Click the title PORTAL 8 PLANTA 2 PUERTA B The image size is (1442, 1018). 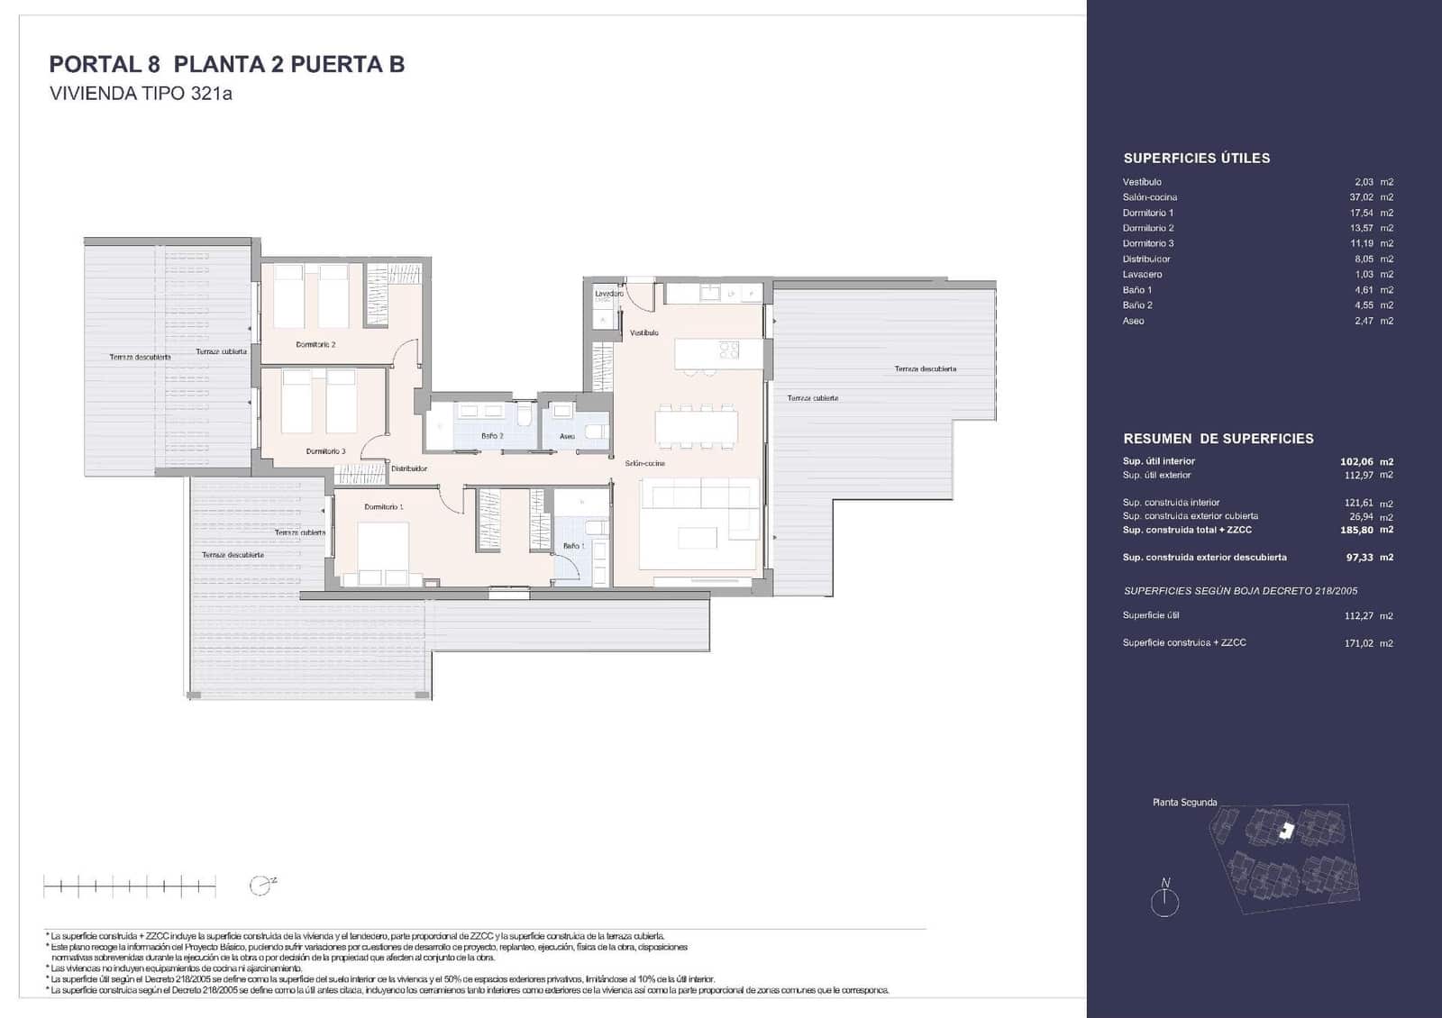(x=226, y=64)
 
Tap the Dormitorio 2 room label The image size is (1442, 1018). (x=315, y=344)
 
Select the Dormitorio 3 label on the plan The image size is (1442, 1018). (x=325, y=451)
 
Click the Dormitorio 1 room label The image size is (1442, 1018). (x=384, y=507)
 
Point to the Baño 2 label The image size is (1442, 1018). (x=492, y=436)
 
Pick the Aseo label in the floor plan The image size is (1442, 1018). (x=567, y=436)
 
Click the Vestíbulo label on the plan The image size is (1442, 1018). (x=643, y=332)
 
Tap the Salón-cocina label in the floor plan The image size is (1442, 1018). (x=645, y=463)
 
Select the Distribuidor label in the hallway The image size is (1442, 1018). (x=408, y=468)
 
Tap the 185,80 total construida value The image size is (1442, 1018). (x=1356, y=531)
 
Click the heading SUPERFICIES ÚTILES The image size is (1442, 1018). (x=1196, y=159)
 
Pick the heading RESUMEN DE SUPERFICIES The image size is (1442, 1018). (x=1218, y=439)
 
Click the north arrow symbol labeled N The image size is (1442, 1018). (x=1164, y=898)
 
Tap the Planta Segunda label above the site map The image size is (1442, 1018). (x=1184, y=802)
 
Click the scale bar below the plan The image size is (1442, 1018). (x=130, y=887)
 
